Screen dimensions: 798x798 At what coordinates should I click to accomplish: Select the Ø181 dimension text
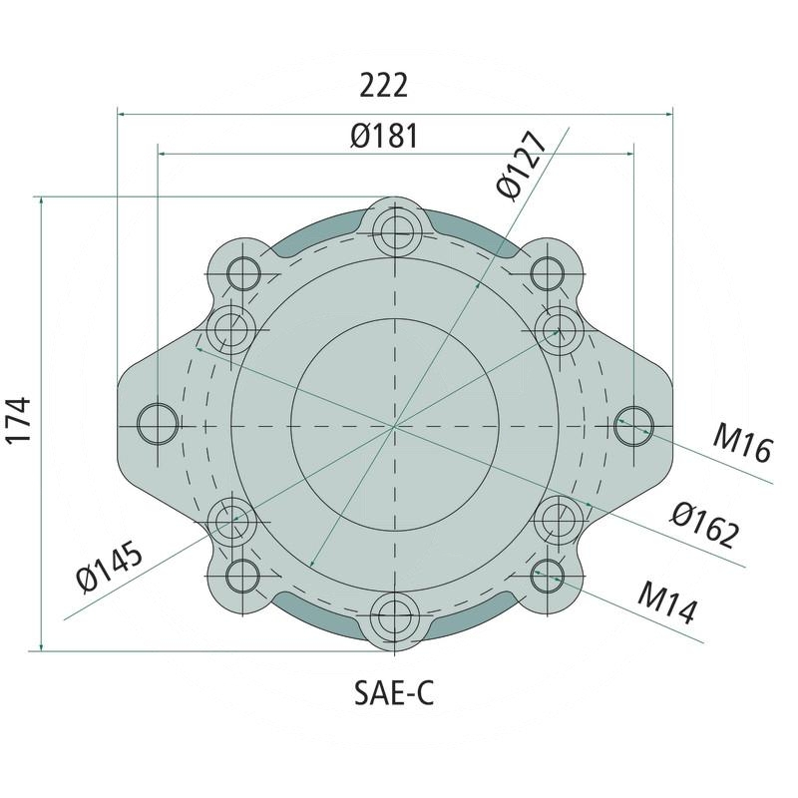pyautogui.click(x=384, y=136)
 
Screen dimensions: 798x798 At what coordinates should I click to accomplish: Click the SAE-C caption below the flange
pyautogui.click(x=395, y=692)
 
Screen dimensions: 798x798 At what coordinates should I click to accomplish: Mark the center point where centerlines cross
pyautogui.click(x=396, y=426)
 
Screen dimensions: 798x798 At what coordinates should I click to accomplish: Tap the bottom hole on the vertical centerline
pyautogui.click(x=396, y=610)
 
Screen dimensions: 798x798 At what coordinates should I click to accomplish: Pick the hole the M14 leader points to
pyautogui.click(x=548, y=571)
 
